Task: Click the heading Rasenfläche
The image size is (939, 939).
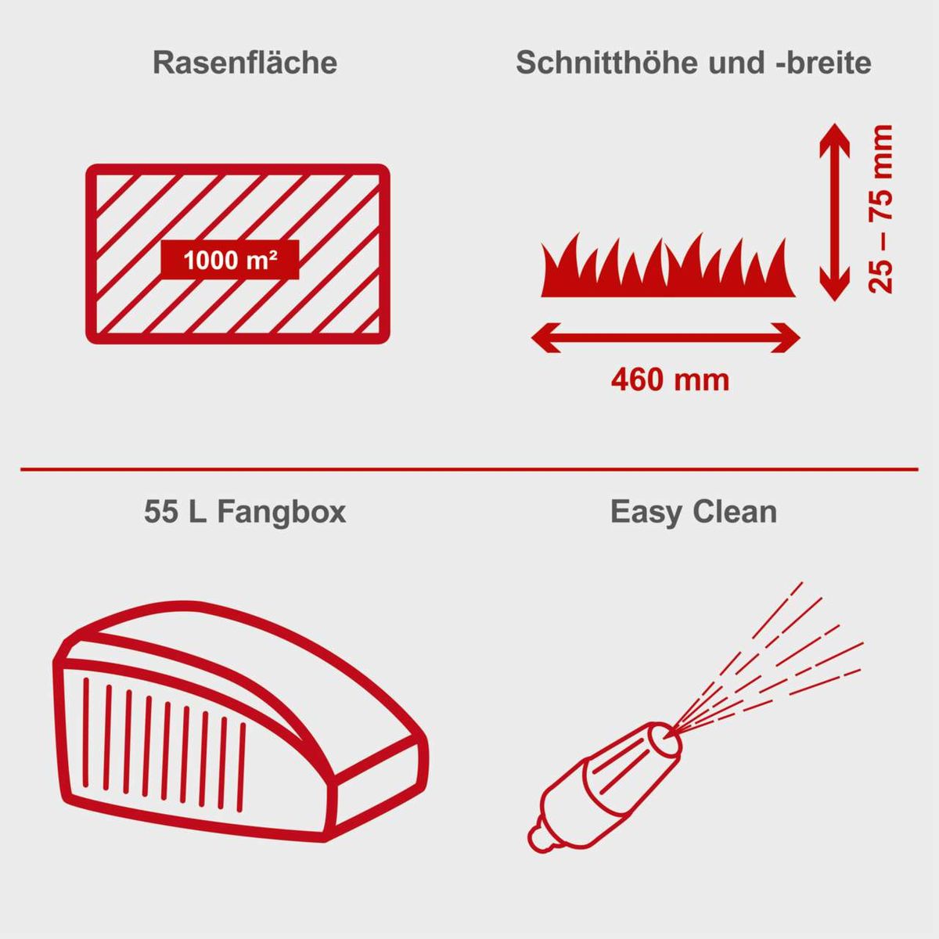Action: (245, 63)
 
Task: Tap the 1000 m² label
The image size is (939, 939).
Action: (230, 260)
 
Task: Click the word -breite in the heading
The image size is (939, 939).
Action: (822, 63)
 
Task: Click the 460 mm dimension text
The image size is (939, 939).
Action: (670, 380)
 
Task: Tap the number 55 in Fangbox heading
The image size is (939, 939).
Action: (160, 513)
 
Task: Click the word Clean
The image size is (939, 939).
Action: (736, 513)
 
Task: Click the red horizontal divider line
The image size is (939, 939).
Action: (469, 469)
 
